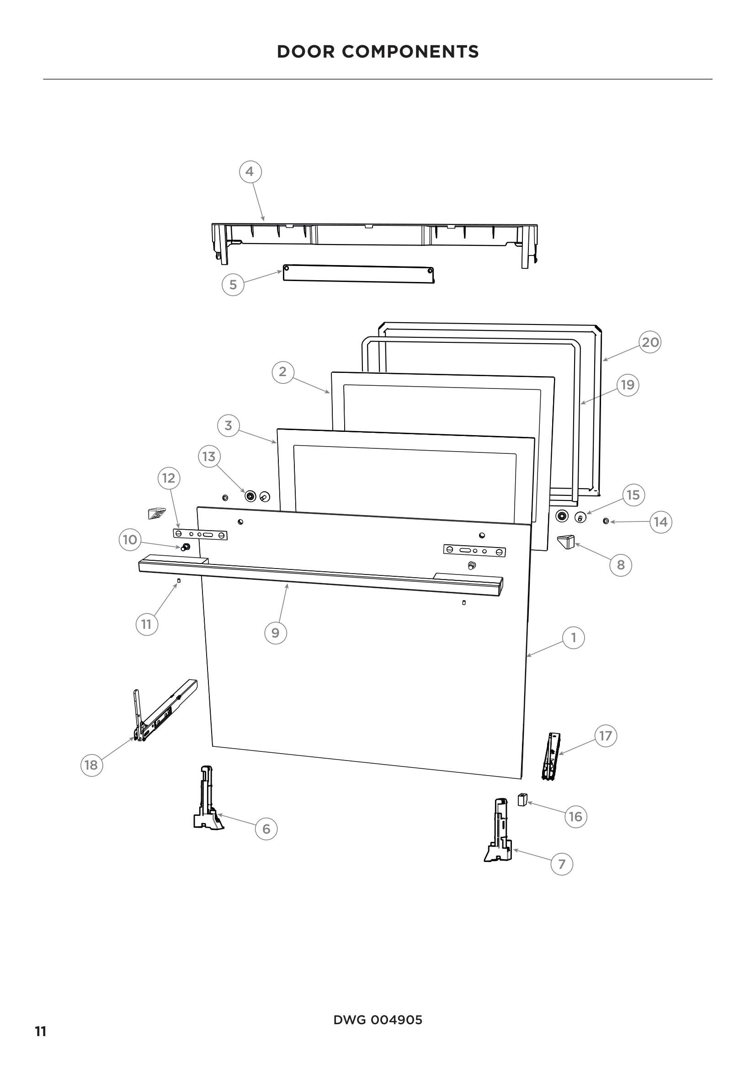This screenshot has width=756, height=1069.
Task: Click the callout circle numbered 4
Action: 250,172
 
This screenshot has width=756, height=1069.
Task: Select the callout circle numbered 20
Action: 650,342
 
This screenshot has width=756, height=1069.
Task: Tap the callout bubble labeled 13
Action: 209,456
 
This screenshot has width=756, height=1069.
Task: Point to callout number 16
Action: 575,816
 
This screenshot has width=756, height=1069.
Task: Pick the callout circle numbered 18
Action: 91,765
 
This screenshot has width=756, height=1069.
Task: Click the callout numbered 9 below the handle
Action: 275,633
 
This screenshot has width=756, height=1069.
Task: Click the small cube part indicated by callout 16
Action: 522,800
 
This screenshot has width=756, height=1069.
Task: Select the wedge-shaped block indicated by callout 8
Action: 566,542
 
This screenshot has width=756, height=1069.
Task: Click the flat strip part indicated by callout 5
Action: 358,274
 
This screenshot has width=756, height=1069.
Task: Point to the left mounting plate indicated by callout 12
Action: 200,535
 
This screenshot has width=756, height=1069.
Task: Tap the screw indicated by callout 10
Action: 186,547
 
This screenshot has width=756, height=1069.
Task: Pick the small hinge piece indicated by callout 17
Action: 551,755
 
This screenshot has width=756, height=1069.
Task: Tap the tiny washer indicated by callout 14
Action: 605,521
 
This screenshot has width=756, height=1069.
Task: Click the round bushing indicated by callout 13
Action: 250,496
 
